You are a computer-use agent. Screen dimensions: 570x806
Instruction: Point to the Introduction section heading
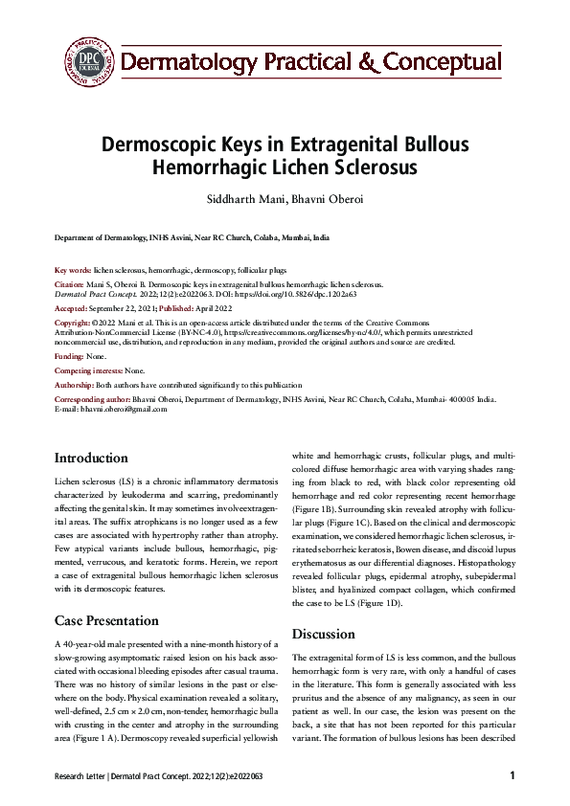[91, 458]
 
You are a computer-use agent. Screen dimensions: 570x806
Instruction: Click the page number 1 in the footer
[513, 775]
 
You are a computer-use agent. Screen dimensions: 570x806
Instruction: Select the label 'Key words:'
[73, 271]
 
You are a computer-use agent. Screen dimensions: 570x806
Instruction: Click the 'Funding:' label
[69, 355]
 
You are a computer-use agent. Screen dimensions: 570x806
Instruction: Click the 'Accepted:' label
[72, 310]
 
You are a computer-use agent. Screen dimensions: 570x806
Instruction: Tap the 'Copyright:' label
[74, 325]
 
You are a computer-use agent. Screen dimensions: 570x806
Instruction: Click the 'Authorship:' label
[75, 383]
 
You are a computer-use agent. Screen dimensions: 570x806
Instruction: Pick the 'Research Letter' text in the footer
[83, 776]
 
